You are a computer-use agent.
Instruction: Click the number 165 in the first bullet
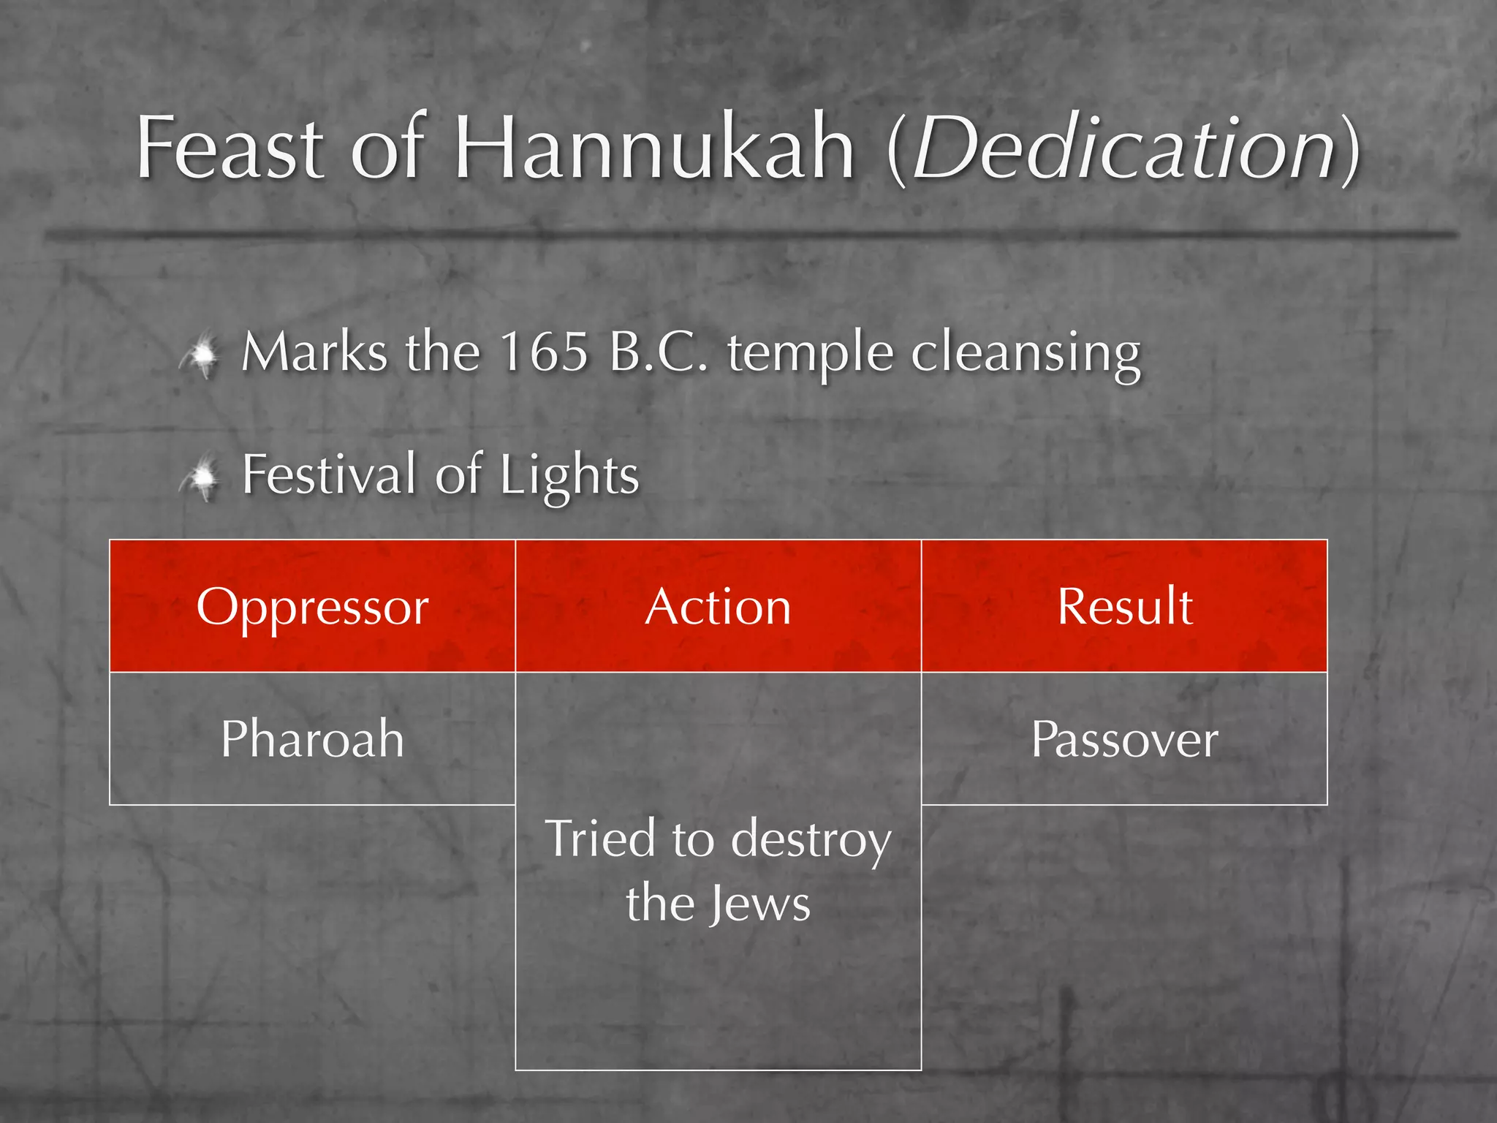click(544, 352)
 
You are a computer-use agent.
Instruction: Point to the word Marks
click(314, 352)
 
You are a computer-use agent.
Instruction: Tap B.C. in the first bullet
click(659, 352)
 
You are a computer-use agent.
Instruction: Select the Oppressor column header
click(312, 607)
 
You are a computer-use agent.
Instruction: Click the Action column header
click(718, 607)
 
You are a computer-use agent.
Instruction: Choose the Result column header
click(1124, 607)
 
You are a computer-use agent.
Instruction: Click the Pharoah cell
click(312, 738)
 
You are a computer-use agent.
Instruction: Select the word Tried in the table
click(599, 839)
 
